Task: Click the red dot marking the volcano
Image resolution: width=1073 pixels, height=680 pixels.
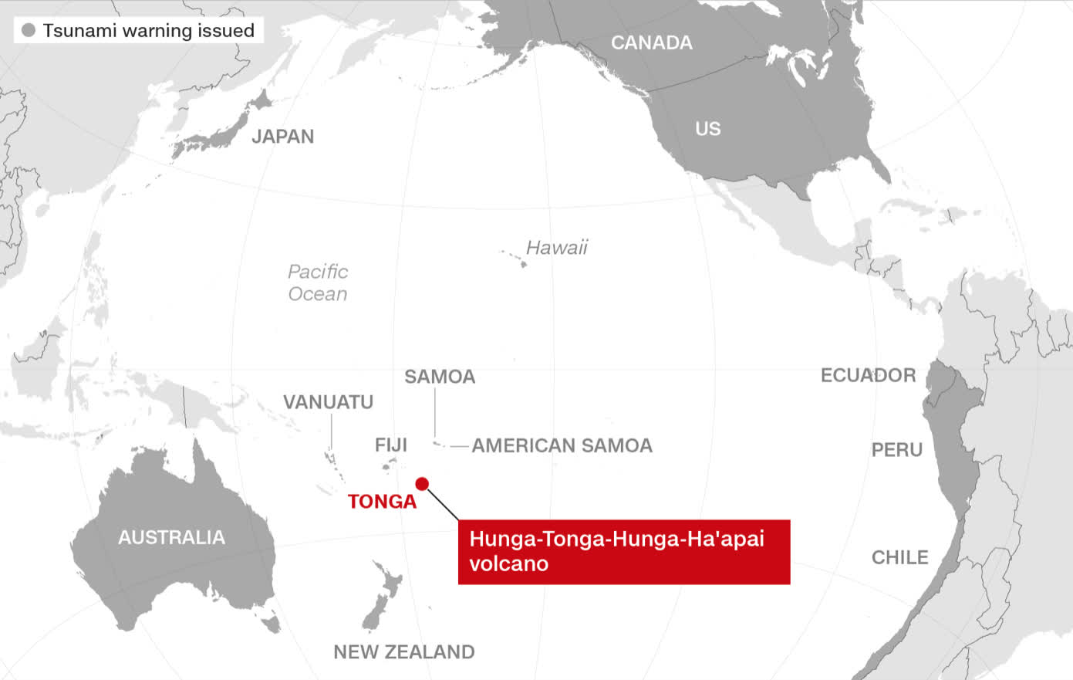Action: pyautogui.click(x=422, y=484)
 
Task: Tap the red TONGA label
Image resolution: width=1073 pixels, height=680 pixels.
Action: pyautogui.click(x=382, y=502)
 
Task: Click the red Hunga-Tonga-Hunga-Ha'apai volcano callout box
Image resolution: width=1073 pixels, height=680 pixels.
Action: pyautogui.click(x=623, y=551)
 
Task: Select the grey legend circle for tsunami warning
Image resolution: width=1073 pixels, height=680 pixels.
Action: pyautogui.click(x=29, y=31)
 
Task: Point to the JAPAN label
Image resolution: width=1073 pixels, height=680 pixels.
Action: pyautogui.click(x=283, y=137)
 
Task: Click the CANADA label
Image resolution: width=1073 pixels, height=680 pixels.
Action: pyautogui.click(x=652, y=42)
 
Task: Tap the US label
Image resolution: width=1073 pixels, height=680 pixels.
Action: pyautogui.click(x=707, y=129)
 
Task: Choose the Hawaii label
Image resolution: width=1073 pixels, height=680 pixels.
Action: pyautogui.click(x=557, y=248)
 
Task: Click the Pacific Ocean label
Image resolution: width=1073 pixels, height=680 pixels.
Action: pyautogui.click(x=318, y=282)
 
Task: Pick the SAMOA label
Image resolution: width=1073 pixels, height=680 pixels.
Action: pyautogui.click(x=440, y=377)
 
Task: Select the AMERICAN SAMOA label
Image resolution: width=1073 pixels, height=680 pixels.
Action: pyautogui.click(x=562, y=445)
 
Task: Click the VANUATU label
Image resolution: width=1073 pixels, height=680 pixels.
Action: pyautogui.click(x=328, y=402)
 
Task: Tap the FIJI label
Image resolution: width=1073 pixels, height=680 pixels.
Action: pyautogui.click(x=390, y=445)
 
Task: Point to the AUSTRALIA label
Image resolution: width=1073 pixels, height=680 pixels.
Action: pyautogui.click(x=171, y=537)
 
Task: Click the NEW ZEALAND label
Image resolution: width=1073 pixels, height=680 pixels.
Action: pyautogui.click(x=403, y=652)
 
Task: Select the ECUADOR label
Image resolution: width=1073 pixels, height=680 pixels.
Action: pyautogui.click(x=868, y=375)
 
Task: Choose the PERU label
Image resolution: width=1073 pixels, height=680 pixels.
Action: pyautogui.click(x=896, y=450)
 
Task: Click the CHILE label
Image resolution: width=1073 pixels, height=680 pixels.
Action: pyautogui.click(x=899, y=557)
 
